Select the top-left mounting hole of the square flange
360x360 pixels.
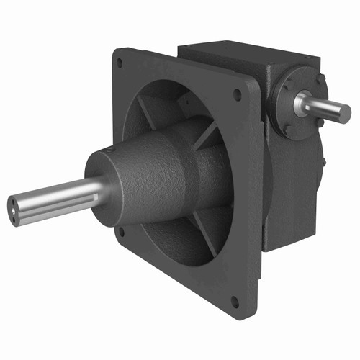point(119,63)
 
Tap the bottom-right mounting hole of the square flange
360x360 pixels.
point(235,300)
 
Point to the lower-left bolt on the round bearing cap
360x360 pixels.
point(286,129)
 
